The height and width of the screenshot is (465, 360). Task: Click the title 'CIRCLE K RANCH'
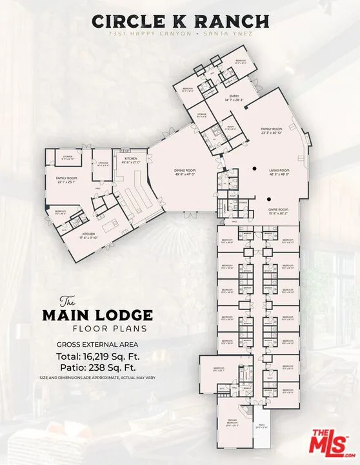[x=180, y=21]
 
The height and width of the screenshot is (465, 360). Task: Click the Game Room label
[x=278, y=211]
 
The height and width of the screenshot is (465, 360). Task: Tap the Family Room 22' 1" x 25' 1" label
[x=66, y=178]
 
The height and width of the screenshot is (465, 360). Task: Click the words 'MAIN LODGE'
[x=97, y=315]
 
